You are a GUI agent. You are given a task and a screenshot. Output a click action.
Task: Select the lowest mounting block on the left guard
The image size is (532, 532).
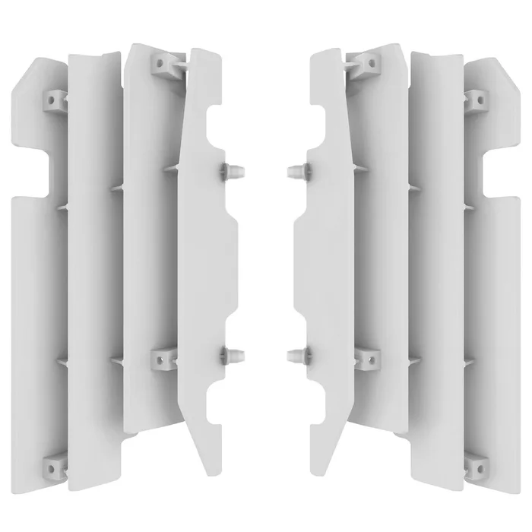click(55, 461)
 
